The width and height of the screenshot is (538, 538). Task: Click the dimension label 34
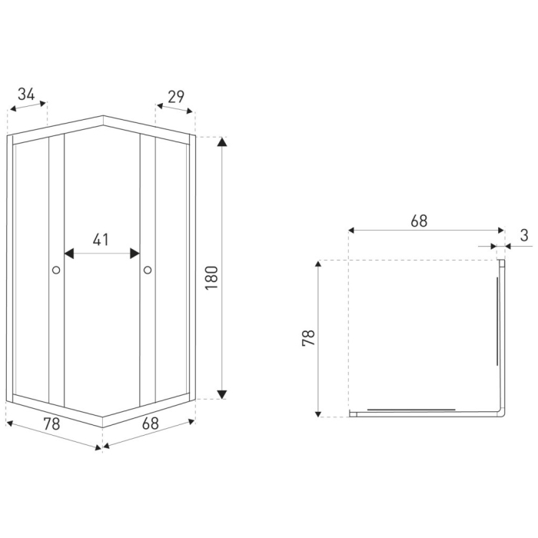26,95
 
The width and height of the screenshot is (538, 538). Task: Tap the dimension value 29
175,96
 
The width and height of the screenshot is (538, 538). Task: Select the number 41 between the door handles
101,239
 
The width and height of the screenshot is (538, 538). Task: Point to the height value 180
212,277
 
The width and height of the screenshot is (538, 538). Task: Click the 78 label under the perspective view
51,424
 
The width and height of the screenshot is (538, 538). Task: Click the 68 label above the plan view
419,221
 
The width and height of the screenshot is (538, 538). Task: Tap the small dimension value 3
523,235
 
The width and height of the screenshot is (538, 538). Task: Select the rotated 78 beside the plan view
308,338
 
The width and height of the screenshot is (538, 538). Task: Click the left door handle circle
56,270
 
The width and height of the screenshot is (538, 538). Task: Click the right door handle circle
148,270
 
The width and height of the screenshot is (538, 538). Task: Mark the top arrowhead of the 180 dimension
222,142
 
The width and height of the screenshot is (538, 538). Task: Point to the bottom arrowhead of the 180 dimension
222,394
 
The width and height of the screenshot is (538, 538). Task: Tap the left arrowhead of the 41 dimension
69,253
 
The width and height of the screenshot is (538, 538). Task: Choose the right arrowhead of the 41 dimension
134,253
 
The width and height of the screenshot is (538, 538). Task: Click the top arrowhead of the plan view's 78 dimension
318,265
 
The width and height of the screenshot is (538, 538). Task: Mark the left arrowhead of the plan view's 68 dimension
353,230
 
